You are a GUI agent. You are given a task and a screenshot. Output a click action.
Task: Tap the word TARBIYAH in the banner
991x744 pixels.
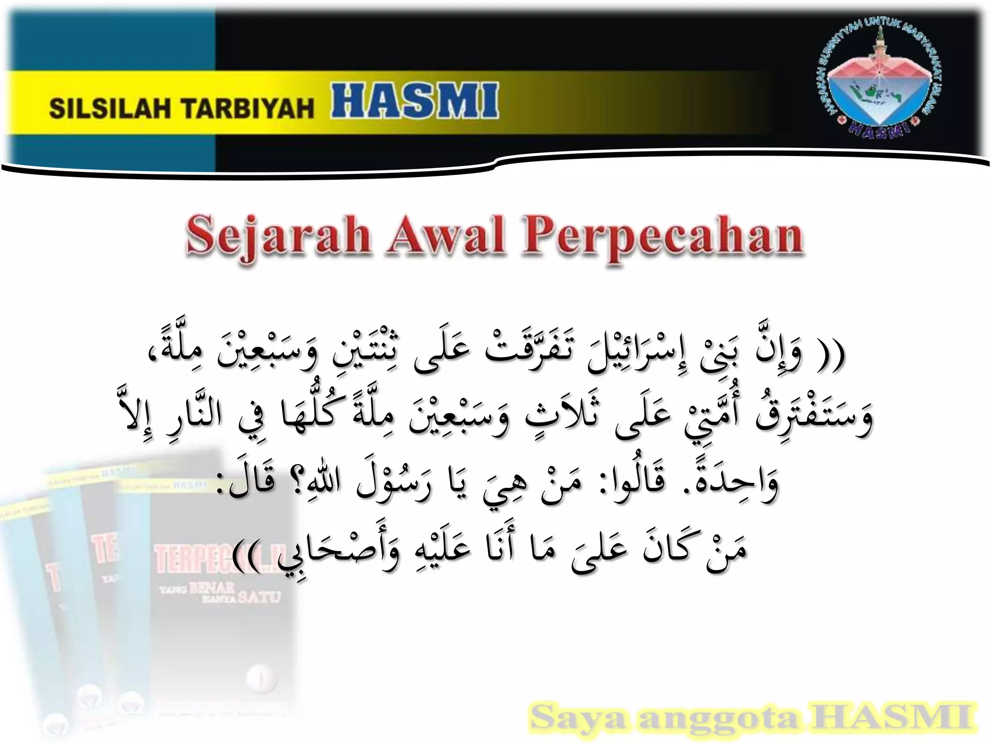click(248, 108)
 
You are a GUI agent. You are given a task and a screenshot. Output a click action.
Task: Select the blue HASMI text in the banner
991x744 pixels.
click(415, 101)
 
